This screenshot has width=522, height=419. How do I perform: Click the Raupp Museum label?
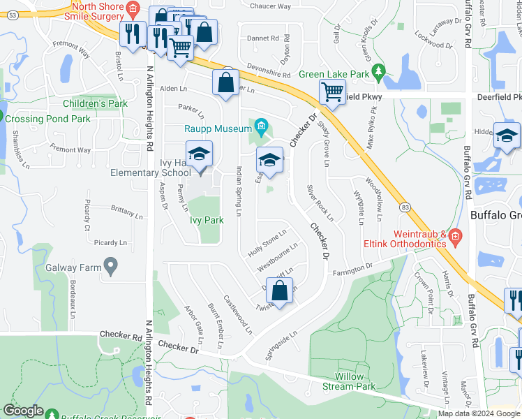(x=218, y=128)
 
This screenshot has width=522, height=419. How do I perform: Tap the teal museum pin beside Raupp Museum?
(x=262, y=126)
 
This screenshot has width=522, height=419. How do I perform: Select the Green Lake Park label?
(x=334, y=74)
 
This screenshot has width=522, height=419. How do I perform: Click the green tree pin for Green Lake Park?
(x=378, y=71)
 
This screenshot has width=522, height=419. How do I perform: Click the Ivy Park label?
(x=207, y=220)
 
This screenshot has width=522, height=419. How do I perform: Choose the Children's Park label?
(x=95, y=103)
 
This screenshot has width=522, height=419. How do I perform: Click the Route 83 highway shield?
(x=405, y=207)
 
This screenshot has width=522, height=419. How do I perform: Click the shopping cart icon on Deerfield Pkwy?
(x=333, y=91)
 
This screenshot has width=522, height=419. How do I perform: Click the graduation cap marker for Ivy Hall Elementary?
(x=199, y=154)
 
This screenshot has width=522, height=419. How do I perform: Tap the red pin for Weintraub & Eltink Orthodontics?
(x=455, y=237)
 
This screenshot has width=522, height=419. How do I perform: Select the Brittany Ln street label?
(x=126, y=210)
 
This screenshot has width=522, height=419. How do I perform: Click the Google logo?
(x=23, y=411)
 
